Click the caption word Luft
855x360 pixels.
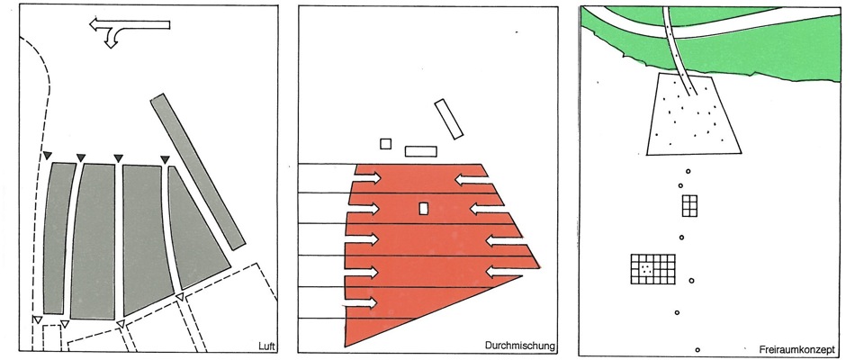(x=267, y=346)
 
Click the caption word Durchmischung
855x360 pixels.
(x=519, y=346)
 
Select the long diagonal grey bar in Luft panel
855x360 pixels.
(x=197, y=171)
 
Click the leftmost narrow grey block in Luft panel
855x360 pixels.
(x=58, y=238)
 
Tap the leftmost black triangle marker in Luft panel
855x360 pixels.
(x=48, y=156)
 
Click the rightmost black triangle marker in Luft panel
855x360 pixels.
(x=166, y=159)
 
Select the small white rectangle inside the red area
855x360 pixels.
(x=423, y=209)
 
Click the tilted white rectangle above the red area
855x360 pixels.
(x=449, y=119)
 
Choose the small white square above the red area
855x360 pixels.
(x=385, y=143)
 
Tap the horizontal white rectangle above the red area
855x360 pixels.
(x=421, y=151)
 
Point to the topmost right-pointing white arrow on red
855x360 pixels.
(x=368, y=177)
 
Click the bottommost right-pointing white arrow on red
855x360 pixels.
(x=360, y=302)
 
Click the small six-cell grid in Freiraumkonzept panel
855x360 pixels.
(x=689, y=205)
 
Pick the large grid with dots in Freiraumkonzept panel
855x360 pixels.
(x=652, y=269)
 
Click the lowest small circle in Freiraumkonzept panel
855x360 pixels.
(x=697, y=349)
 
